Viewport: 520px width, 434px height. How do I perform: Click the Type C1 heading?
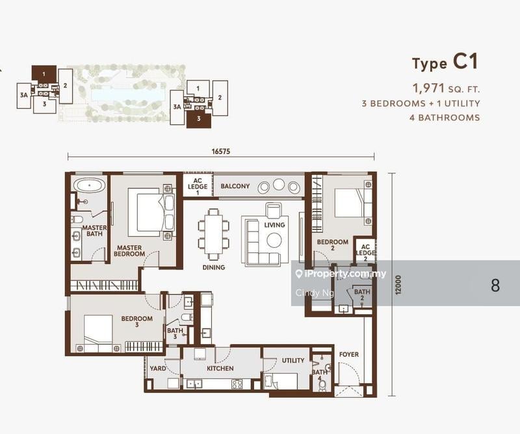tap(445, 62)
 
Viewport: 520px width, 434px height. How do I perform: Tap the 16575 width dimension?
tap(222, 151)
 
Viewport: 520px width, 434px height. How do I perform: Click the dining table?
tap(214, 233)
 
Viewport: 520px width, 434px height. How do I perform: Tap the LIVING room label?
tap(274, 225)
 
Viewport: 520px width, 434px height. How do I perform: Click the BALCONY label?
tap(235, 187)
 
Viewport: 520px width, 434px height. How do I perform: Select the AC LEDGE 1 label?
tap(198, 186)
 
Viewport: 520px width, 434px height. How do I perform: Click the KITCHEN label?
tap(220, 369)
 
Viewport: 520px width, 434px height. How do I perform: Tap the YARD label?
tap(158, 369)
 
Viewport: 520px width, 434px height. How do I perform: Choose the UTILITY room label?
tap(293, 360)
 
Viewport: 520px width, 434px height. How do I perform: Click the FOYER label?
tap(348, 355)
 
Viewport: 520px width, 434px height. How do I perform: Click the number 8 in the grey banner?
tap(495, 285)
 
